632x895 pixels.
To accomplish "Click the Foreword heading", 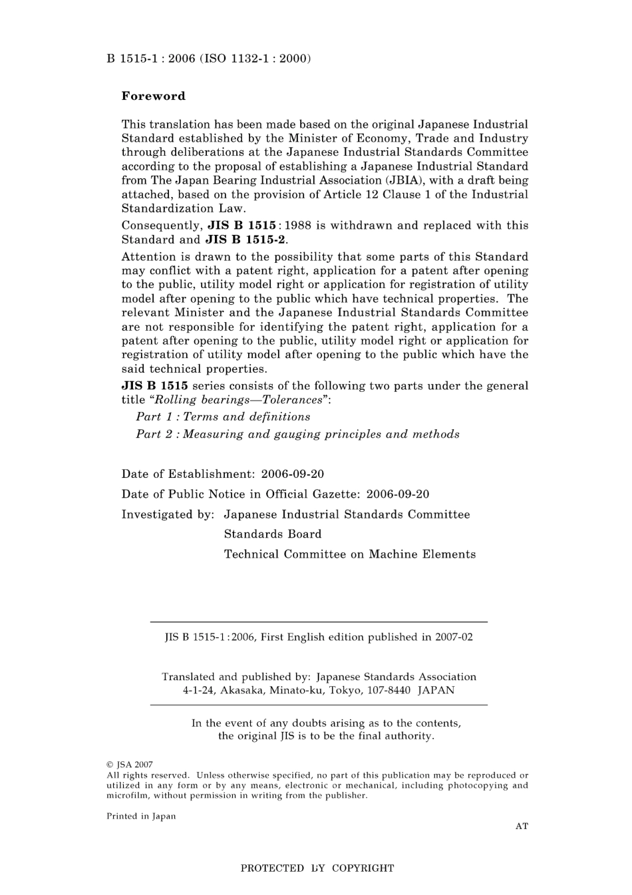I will tap(153, 96).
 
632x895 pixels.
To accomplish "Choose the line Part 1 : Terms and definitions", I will tap(223, 417).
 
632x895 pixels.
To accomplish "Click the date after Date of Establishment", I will tap(292, 474).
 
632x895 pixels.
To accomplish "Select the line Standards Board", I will tap(272, 534).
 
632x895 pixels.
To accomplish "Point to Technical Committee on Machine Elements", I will tap(349, 554).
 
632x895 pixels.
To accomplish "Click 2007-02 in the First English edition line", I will tap(454, 637).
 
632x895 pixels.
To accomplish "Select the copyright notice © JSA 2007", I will tap(130, 765).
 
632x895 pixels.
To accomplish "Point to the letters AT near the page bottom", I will tap(522, 826).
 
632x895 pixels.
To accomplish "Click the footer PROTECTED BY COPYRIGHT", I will tap(317, 868).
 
